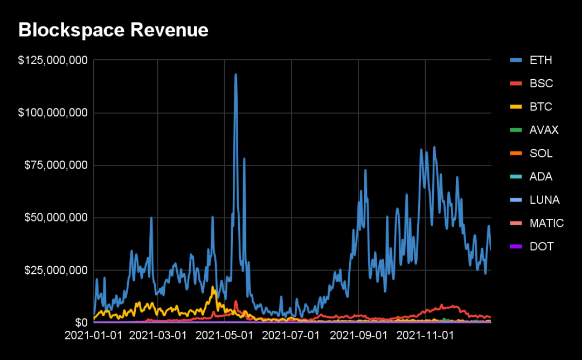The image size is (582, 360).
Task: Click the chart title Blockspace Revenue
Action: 113,30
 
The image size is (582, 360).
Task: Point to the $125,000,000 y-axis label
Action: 53,61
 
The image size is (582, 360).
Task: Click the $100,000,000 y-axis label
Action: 53,113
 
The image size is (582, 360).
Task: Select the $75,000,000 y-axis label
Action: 56,165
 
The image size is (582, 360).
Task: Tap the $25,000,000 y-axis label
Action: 56,270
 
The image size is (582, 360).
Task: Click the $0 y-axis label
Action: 81,322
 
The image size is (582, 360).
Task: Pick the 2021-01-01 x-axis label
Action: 93,336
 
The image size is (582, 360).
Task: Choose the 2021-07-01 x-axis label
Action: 292,336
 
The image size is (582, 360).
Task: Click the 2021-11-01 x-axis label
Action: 425,336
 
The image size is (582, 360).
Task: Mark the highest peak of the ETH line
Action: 235,74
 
